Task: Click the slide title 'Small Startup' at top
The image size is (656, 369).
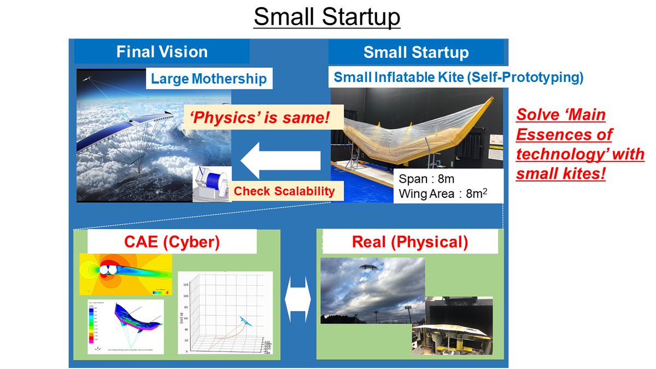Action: pos(327,17)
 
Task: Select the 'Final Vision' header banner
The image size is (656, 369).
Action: pos(162,52)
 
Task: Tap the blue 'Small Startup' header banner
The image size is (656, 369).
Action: pos(415,52)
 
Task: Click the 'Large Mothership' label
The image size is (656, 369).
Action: pos(209,79)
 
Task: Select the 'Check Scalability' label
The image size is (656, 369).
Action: pos(284,191)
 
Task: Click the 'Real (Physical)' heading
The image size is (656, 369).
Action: pos(409,242)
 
